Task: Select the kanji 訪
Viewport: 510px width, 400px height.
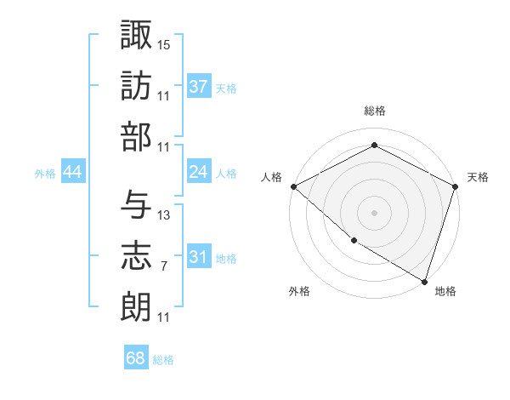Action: tap(136, 85)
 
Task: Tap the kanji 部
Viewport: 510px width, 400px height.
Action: tap(136, 136)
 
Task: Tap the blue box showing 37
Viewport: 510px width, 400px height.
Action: tap(198, 87)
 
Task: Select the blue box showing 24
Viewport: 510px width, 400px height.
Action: tap(198, 172)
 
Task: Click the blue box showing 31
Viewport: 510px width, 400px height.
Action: tap(198, 257)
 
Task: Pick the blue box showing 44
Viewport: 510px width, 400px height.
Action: tap(72, 172)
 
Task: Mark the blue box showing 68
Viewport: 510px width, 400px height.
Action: tap(135, 358)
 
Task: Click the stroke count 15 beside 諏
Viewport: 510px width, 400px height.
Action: tap(164, 43)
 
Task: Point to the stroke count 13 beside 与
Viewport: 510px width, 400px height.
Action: tap(164, 215)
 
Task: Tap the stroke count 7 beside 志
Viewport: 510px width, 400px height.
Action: tap(163, 266)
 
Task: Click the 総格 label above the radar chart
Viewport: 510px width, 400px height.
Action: tap(374, 111)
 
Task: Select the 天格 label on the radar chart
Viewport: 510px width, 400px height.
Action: tap(478, 177)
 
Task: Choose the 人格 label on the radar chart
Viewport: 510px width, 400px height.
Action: tap(272, 177)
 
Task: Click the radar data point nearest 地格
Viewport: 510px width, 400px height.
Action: tap(424, 280)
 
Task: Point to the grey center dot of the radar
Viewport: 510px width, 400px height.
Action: tap(374, 212)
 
